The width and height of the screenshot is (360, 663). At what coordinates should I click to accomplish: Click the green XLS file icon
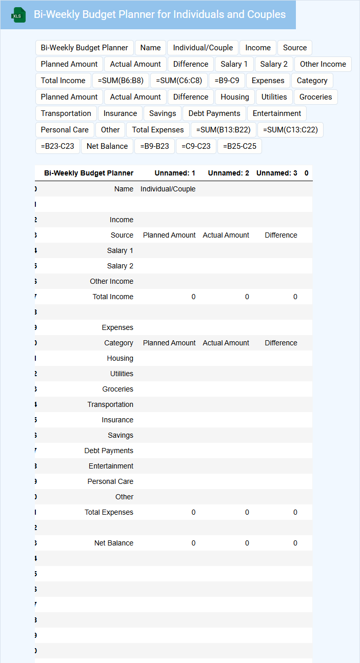(18, 15)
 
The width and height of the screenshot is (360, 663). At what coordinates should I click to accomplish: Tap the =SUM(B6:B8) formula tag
(121, 81)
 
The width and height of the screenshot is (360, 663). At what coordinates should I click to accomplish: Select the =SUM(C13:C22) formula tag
(290, 130)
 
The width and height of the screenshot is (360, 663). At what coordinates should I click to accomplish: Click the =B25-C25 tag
(239, 146)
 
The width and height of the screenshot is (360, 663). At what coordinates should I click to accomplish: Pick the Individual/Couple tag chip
(203, 48)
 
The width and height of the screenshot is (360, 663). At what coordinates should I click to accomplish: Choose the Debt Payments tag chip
(214, 113)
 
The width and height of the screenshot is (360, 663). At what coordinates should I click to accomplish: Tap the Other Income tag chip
(323, 64)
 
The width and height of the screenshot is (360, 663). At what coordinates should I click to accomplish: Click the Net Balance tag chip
(107, 146)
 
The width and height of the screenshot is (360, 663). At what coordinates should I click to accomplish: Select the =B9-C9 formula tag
(227, 81)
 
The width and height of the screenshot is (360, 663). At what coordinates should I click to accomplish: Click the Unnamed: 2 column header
(228, 173)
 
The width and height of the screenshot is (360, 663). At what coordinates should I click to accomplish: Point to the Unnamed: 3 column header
(276, 173)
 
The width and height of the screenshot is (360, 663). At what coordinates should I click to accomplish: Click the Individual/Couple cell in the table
(168, 189)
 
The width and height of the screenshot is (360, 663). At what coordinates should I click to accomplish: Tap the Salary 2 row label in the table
(120, 266)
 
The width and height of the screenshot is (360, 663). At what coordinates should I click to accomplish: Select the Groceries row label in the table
(117, 389)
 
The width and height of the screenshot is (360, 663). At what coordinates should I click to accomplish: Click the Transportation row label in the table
(110, 404)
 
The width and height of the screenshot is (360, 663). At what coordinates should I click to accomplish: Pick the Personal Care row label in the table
(110, 481)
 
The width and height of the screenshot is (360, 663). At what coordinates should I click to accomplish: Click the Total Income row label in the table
(113, 297)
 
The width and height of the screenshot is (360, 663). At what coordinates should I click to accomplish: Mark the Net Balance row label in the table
(113, 543)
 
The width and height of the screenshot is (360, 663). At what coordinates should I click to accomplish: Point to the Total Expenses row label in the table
(109, 512)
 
